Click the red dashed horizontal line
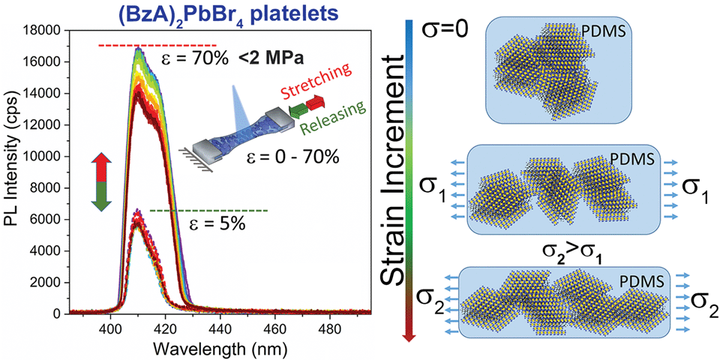click(x=157, y=46)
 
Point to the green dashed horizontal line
click(x=209, y=211)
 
